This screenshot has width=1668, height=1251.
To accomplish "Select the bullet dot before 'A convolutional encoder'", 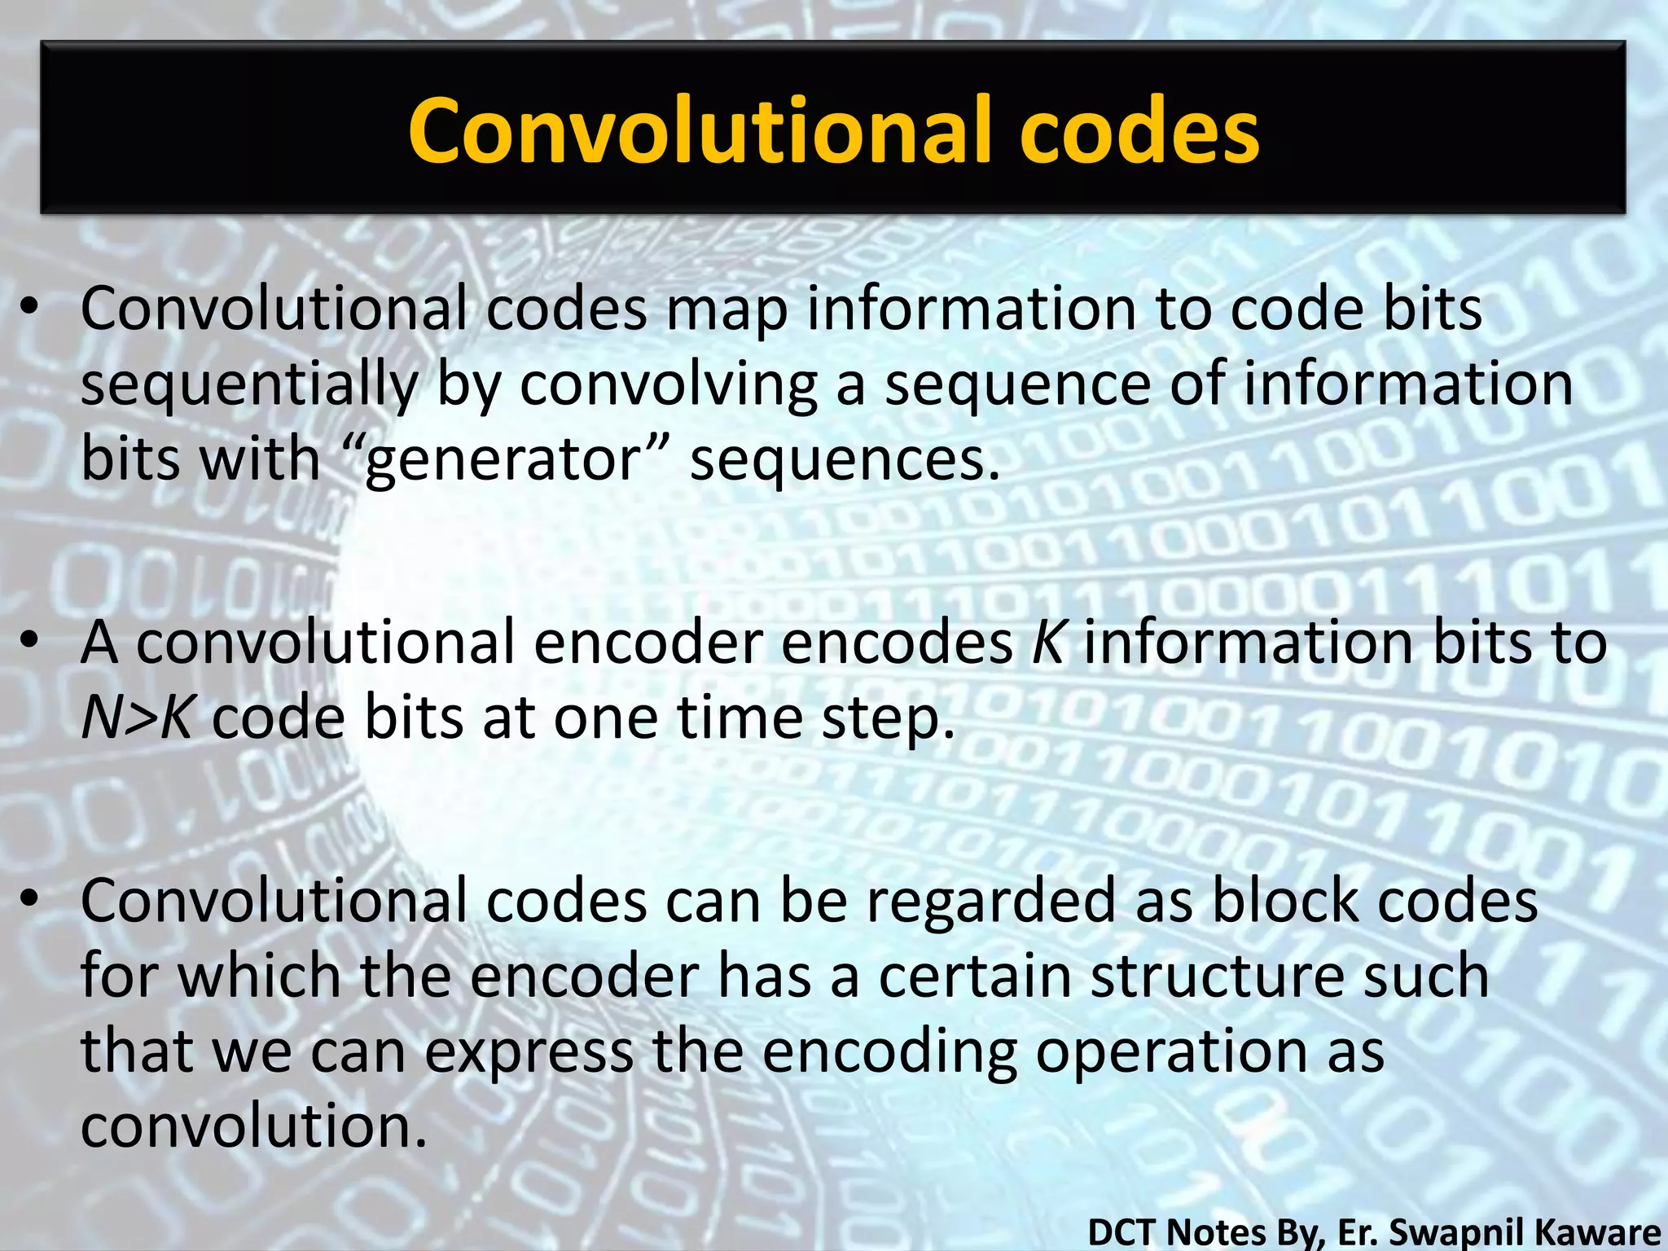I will tap(30, 642).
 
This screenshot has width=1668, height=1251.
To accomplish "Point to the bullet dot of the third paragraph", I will tap(30, 899).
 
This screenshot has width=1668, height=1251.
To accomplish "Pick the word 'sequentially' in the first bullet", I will tap(248, 384).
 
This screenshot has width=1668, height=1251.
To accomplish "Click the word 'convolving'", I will tap(668, 384).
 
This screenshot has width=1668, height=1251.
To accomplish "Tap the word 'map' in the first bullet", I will tap(726, 311).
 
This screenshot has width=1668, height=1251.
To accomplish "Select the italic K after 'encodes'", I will tap(1047, 642).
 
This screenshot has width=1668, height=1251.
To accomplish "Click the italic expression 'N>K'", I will tap(136, 718).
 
